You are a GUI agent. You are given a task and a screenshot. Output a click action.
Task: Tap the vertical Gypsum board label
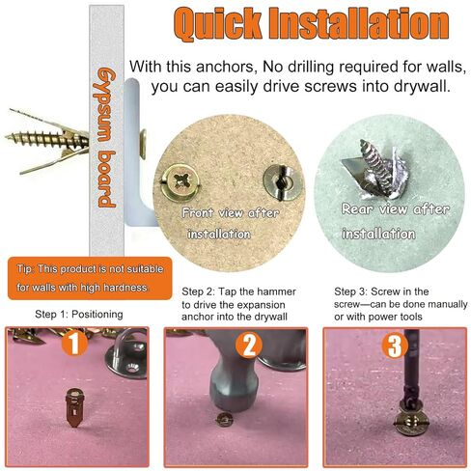coord(109,139)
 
